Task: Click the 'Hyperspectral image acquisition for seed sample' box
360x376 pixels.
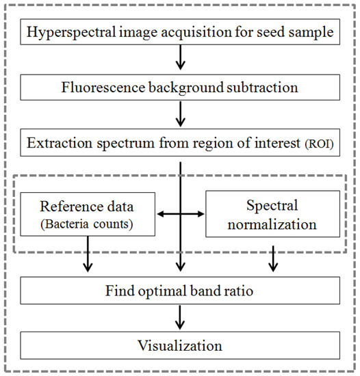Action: click(179, 31)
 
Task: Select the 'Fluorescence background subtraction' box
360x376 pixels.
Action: click(179, 88)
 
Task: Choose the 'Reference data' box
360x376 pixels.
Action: click(87, 213)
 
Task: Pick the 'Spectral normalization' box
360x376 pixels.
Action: click(272, 213)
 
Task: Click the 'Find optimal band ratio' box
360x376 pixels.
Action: click(179, 289)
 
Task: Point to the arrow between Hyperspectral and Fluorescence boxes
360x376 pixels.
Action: click(179, 60)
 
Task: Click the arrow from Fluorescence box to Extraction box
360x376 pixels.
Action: click(179, 116)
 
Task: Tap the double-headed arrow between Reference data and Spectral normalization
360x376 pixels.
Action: click(179, 214)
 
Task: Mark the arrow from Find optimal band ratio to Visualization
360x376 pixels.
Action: click(179, 317)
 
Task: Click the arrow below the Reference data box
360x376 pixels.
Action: click(87, 256)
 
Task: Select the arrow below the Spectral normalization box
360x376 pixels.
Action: click(272, 256)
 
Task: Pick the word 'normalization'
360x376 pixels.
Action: click(272, 224)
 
